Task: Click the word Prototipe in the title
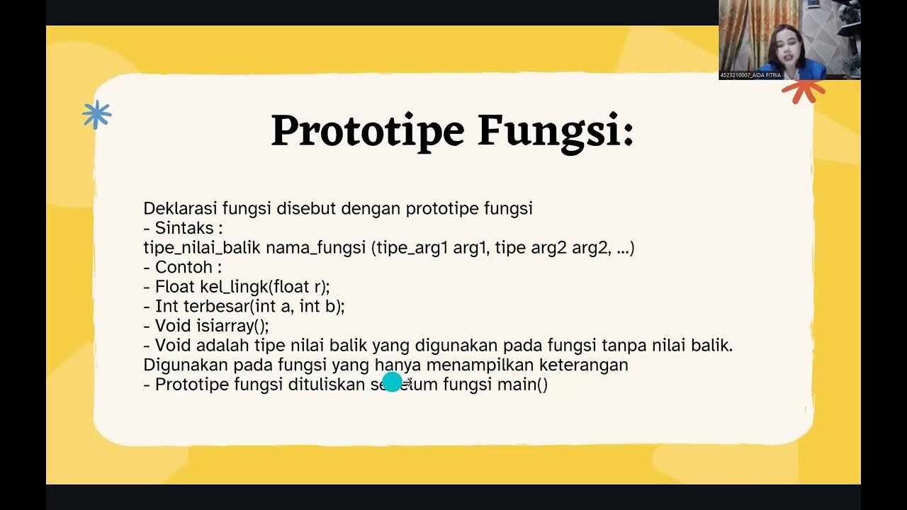click(x=367, y=131)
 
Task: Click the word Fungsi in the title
click(x=555, y=131)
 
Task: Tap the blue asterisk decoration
click(x=96, y=115)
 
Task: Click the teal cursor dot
click(x=392, y=382)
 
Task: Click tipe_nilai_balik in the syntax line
click(x=202, y=248)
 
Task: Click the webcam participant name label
click(x=750, y=75)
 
